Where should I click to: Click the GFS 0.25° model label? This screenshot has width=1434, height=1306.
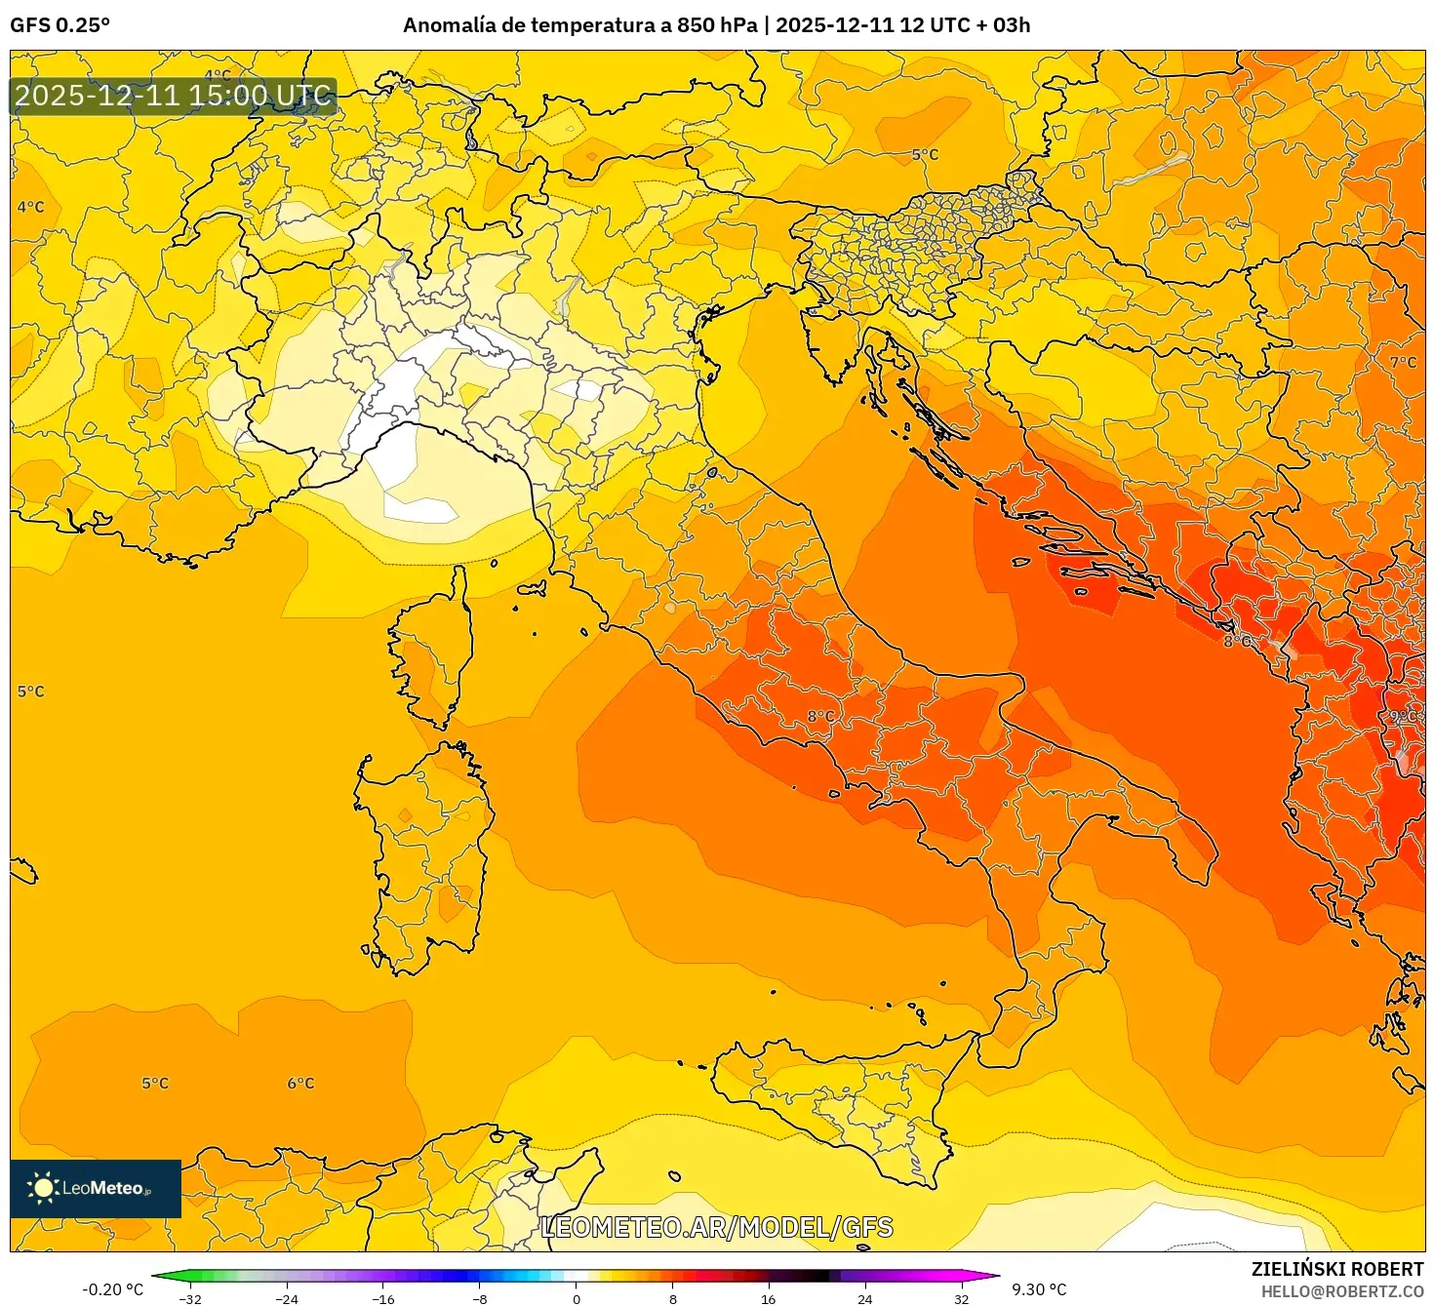[x=60, y=25]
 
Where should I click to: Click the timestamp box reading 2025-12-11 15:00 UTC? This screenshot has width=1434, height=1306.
[x=174, y=96]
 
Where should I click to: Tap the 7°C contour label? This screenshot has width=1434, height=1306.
[x=1403, y=363]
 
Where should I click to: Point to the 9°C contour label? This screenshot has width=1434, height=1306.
[x=1403, y=717]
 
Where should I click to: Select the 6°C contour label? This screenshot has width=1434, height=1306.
[x=300, y=1084]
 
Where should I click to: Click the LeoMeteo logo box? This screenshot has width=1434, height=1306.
[x=96, y=1188]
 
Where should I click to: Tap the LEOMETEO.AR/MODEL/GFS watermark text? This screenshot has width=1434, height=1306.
[x=717, y=1227]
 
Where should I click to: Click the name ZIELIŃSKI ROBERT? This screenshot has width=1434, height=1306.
[x=1337, y=1269]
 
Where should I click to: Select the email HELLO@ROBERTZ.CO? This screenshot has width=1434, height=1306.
[x=1342, y=1291]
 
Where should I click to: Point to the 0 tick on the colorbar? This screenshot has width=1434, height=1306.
[x=577, y=1298]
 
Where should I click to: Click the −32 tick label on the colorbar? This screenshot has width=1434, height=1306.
[x=190, y=1298]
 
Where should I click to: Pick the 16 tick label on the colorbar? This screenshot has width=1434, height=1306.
[x=769, y=1298]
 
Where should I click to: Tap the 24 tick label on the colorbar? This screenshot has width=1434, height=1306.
[x=865, y=1298]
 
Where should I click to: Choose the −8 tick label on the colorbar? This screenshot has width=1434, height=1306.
[x=480, y=1298]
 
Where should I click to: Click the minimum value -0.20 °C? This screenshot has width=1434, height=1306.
[x=112, y=1289]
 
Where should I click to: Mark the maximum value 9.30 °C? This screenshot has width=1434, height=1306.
[x=1039, y=1289]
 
